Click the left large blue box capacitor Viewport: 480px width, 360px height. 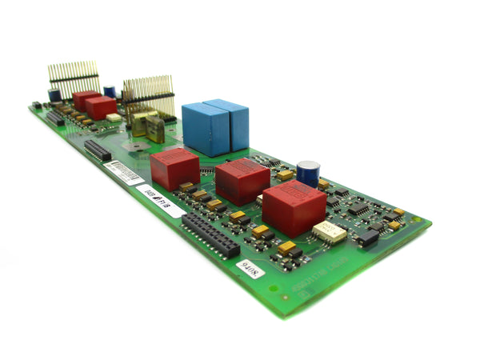206,130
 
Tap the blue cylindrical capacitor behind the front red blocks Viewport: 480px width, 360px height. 308,174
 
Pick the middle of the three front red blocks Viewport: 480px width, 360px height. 242,181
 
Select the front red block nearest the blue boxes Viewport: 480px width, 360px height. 174,168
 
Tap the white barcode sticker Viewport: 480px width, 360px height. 125,171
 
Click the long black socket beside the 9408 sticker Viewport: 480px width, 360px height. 210,234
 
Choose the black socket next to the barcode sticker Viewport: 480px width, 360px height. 98,150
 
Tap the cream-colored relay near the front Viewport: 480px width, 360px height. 329,233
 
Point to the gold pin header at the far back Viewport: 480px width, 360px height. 73,77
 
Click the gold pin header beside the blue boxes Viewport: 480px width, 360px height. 148,93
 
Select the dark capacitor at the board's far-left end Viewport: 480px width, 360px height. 54,95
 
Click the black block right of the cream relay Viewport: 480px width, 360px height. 367,238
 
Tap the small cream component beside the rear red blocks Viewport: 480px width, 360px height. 114,118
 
